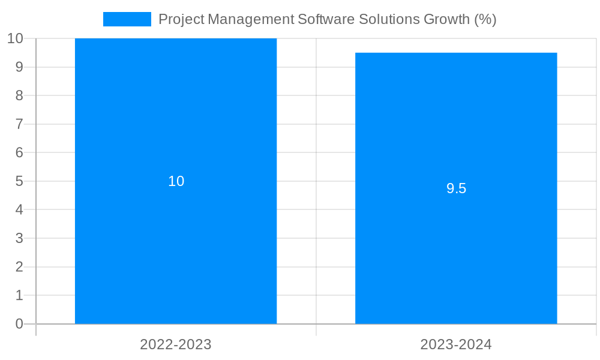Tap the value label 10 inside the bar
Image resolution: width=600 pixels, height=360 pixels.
pos(176,181)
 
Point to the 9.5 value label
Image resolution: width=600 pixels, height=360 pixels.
pos(456,188)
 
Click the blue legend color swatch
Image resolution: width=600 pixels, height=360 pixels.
pos(127,19)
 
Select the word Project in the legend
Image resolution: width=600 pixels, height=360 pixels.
pos(181,19)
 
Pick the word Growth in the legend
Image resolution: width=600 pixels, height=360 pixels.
pos(446,19)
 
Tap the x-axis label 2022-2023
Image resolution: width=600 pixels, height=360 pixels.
pos(176,344)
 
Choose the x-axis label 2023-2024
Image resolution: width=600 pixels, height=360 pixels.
pos(456,344)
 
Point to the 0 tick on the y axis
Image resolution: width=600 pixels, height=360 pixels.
pos(19,324)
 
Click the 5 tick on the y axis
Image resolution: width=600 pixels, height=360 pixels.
pos(19,181)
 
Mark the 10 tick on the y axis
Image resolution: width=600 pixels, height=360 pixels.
pos(15,38)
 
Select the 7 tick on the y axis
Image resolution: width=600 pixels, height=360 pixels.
pos(19,124)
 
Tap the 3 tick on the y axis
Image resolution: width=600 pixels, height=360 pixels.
pos(19,238)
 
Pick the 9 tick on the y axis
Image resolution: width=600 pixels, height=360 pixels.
pos(19,67)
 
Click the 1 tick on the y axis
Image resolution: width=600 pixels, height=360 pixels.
pos(19,295)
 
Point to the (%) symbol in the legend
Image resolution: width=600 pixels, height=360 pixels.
pos(485,19)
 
